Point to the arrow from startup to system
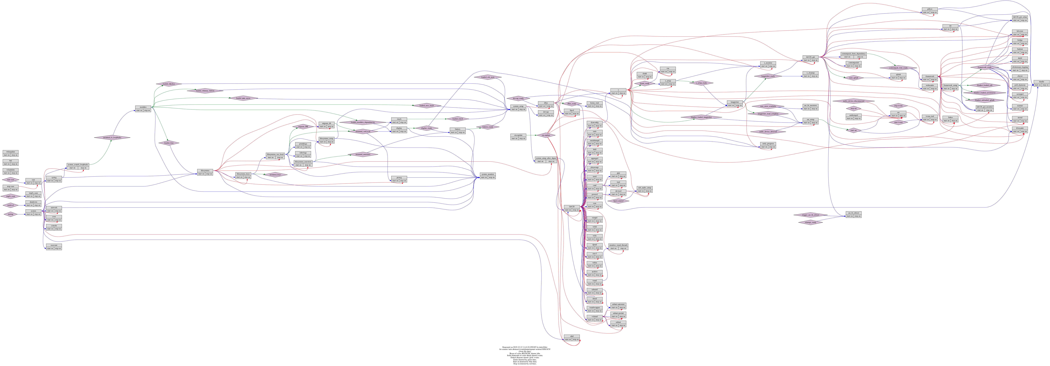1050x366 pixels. (x=21, y=214)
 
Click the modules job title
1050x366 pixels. (x=143, y=107)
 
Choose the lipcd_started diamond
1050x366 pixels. (x=618, y=200)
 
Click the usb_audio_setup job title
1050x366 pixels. (x=644, y=188)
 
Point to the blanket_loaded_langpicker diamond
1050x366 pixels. (x=701, y=117)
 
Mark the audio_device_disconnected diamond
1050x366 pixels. (x=853, y=101)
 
